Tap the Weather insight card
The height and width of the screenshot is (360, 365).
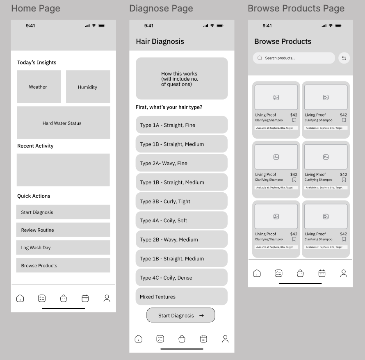[x=39, y=87]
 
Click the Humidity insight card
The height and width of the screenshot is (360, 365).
[x=88, y=87]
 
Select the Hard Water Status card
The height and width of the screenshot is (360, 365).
[x=64, y=123]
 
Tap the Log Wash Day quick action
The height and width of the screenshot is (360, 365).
[x=63, y=247]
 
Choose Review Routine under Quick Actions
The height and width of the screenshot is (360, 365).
[x=63, y=230]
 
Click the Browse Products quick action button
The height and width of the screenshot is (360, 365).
[x=63, y=265]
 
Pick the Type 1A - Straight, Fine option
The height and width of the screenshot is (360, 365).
[x=182, y=125]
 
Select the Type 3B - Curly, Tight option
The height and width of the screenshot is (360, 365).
[x=182, y=201]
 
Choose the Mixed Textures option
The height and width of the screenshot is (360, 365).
[x=182, y=296]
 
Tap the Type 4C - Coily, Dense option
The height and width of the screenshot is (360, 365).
[x=182, y=278]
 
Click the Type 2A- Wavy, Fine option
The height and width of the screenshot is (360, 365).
[x=182, y=163]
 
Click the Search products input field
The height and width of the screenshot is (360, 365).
[x=294, y=58]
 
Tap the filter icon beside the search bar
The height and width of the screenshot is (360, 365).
[x=344, y=58]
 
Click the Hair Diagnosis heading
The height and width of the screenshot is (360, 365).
[x=160, y=41]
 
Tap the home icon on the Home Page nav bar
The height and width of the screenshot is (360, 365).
[x=20, y=298]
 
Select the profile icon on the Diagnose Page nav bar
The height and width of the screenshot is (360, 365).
[x=225, y=339]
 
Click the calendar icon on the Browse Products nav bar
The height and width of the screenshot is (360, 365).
[x=322, y=273]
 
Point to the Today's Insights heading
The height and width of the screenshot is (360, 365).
[x=37, y=62]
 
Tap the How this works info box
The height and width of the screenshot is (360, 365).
[x=182, y=78]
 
